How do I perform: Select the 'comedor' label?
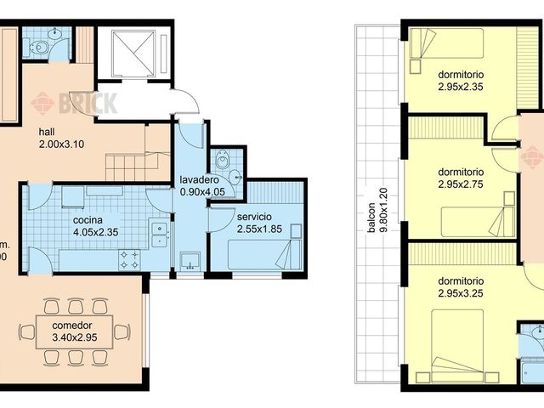coord(71,326)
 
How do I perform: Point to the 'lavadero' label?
coord(201,180)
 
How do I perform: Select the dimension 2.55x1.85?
coord(258,229)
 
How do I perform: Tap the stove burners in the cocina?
coord(130,258)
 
